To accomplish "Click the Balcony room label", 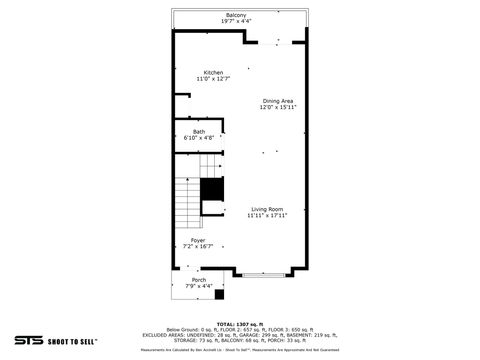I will pyautogui.click(x=236, y=15).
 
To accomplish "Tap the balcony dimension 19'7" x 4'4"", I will pyautogui.click(x=236, y=21).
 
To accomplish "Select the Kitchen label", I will pyautogui.click(x=214, y=72).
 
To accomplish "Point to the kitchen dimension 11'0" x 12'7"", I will pyautogui.click(x=214, y=79).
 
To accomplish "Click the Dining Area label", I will pyautogui.click(x=278, y=101).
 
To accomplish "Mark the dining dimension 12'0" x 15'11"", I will pyautogui.click(x=278, y=108).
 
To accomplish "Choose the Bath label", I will pyautogui.click(x=198, y=131).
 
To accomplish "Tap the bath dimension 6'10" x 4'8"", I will pyautogui.click(x=198, y=138).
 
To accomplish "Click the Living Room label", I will pyautogui.click(x=267, y=209).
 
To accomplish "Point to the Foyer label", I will pyautogui.click(x=198, y=240).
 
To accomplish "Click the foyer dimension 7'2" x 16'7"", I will pyautogui.click(x=198, y=247).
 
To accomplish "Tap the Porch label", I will pyautogui.click(x=199, y=280).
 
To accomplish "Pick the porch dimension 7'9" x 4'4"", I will pyautogui.click(x=199, y=287).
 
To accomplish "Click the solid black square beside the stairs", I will pyautogui.click(x=211, y=189).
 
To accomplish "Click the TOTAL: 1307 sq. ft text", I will pyautogui.click(x=240, y=324).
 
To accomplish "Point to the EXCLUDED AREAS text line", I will pyautogui.click(x=240, y=335).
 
